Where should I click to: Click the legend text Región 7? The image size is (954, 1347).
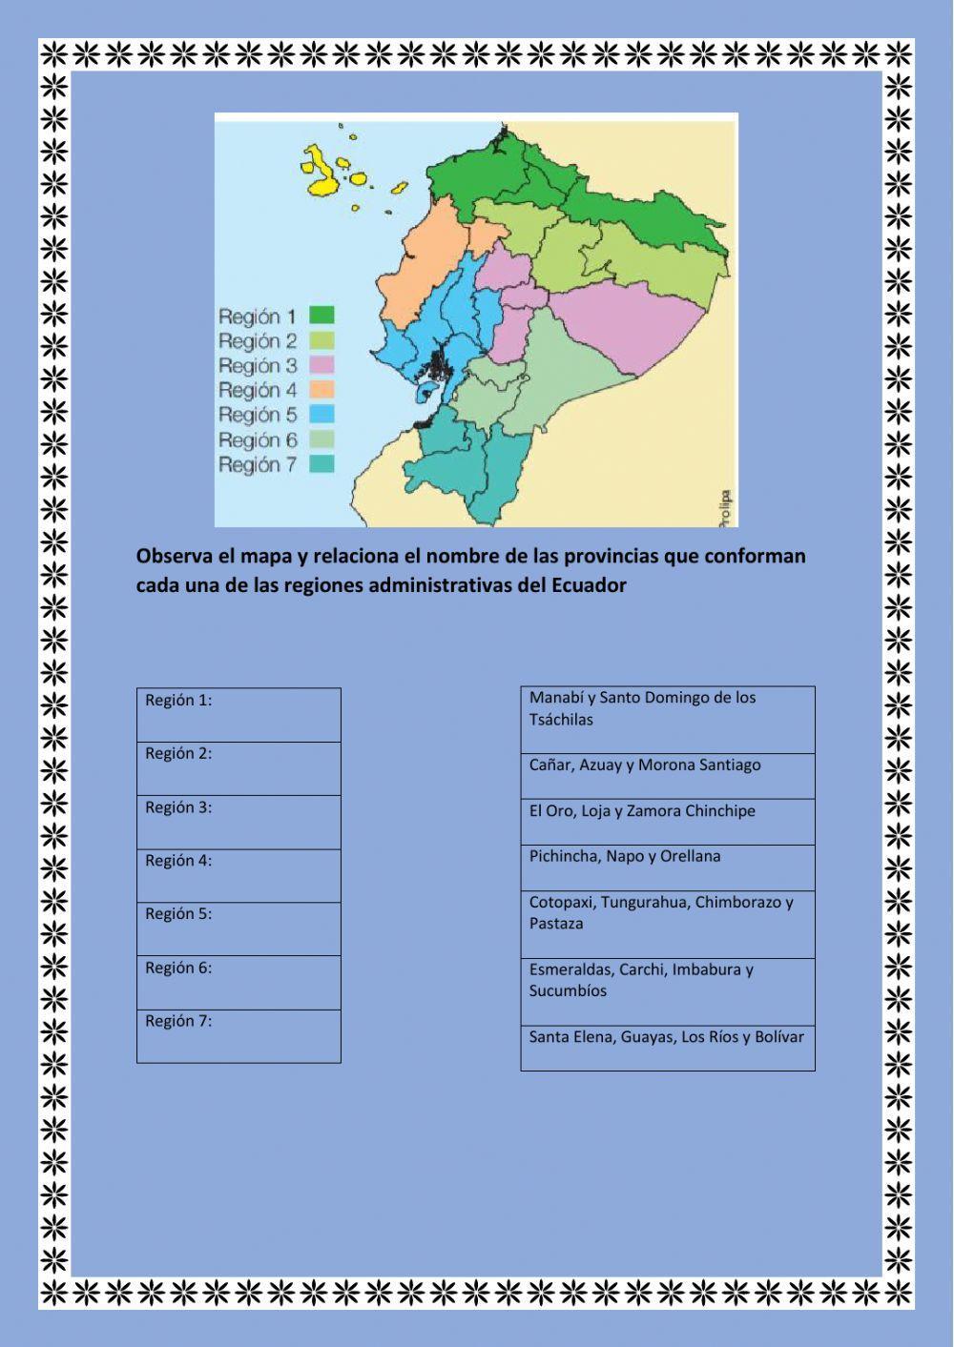point(257,465)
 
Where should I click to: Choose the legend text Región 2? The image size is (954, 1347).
point(257,341)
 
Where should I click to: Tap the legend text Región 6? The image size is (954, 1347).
point(257,440)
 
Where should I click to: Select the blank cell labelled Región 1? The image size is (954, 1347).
point(238,715)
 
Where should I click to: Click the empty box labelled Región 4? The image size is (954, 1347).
point(238,875)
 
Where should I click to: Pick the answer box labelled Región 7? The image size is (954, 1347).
point(238,1036)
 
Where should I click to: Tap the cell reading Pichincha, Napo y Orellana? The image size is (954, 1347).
point(667,867)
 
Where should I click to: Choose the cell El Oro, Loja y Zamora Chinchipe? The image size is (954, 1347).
point(667,821)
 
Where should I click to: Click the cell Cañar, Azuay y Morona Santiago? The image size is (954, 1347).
point(667,775)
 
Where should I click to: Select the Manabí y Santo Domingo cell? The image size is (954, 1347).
point(667,719)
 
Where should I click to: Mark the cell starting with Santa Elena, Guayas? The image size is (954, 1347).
point(667,1047)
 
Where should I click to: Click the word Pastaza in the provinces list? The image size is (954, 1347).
point(556,924)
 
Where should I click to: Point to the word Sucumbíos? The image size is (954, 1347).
point(568,990)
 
